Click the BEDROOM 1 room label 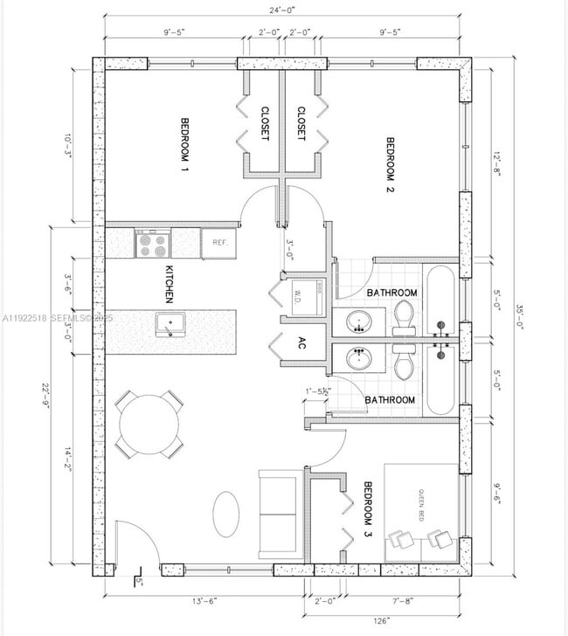(x=184, y=143)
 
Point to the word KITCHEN (x=170, y=284)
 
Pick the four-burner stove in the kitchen (x=152, y=243)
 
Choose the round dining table (x=149, y=425)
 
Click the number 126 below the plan (x=357, y=621)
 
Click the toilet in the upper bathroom (x=405, y=315)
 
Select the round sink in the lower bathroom (x=357, y=359)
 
